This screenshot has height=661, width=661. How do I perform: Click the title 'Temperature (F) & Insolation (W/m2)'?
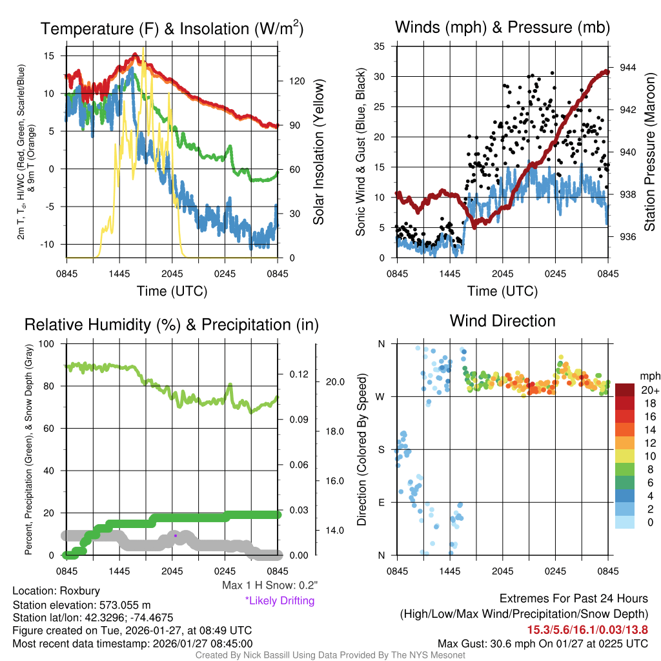[x=172, y=28]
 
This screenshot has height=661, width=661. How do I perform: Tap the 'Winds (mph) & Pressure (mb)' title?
[x=502, y=27]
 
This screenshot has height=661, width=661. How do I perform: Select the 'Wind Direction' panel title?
[x=502, y=321]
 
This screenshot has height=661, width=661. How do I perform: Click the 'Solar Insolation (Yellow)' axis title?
[x=318, y=152]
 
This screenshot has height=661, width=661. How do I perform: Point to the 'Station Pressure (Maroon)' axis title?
[x=649, y=152]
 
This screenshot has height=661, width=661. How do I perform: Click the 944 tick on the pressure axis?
[x=628, y=68]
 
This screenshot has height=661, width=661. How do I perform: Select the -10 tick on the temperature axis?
[x=49, y=244]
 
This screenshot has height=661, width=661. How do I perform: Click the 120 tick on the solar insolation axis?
[x=297, y=81]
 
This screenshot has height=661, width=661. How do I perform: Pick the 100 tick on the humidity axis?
[x=48, y=344]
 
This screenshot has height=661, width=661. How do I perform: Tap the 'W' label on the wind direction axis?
[x=381, y=396]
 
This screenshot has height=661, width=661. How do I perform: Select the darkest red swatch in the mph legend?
[x=626, y=390]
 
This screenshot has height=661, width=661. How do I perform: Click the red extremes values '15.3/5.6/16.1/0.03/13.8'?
[x=587, y=629]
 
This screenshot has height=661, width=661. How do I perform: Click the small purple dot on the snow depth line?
[x=176, y=535]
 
